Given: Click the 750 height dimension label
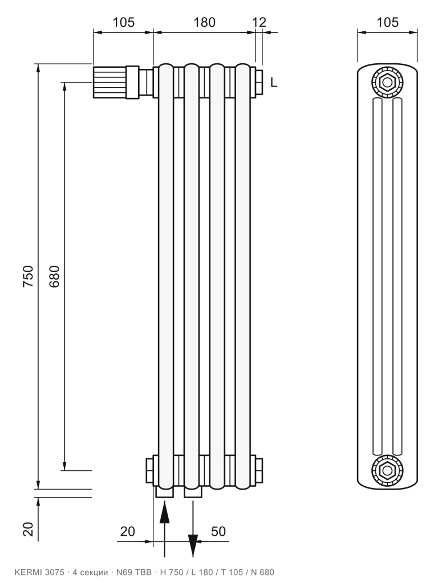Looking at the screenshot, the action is click(x=29, y=276).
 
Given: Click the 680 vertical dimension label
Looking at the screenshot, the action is click(x=54, y=276).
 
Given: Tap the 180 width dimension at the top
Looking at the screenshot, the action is click(x=204, y=23).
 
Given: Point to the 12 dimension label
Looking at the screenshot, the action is click(x=259, y=23).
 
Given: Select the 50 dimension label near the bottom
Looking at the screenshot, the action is click(x=218, y=532).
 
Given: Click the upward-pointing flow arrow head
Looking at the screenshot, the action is click(x=165, y=512).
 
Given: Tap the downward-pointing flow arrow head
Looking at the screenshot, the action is click(x=193, y=545).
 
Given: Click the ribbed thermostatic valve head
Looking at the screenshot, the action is click(x=110, y=82).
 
